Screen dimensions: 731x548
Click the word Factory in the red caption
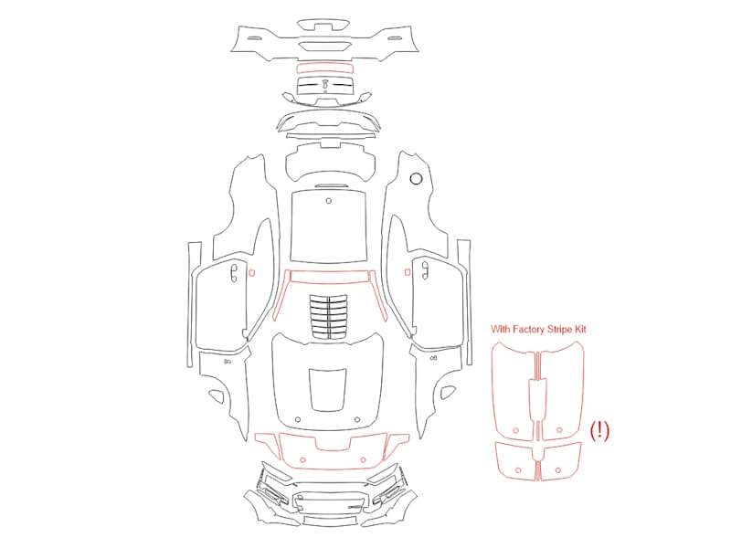528,330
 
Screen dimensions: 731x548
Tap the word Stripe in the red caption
559,330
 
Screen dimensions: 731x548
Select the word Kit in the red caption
580,329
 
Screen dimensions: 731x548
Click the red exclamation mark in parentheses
599,430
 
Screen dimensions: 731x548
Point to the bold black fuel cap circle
416,178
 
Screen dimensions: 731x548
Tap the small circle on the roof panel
329,201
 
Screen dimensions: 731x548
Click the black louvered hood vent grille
329,315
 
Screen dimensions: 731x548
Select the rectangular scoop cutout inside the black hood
328,390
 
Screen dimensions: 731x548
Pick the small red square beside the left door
252,272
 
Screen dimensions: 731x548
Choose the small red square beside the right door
408,272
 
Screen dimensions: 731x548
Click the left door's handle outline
234,272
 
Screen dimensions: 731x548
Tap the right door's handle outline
425,270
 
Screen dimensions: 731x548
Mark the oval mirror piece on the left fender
217,395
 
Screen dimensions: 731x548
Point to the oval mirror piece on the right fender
447,393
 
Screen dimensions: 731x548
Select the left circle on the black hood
299,420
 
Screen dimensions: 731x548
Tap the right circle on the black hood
357,420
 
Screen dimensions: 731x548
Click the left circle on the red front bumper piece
303,460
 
